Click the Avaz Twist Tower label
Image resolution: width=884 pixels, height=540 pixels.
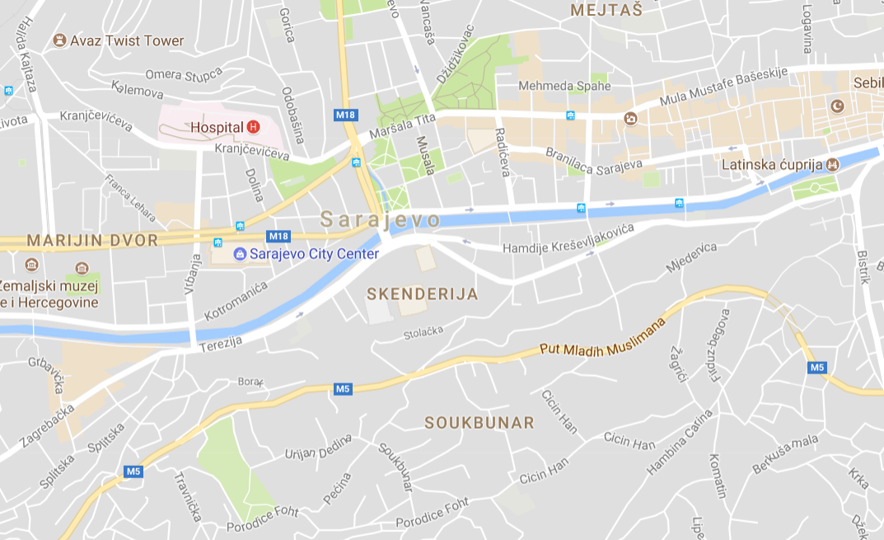click(127, 40)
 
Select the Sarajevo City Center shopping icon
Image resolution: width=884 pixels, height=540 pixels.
click(240, 254)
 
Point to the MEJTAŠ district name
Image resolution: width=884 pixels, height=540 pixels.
click(606, 10)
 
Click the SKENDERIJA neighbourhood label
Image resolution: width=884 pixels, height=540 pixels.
click(422, 293)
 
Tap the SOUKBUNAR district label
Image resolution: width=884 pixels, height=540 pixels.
click(479, 422)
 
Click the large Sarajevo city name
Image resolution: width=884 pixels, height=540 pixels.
click(380, 220)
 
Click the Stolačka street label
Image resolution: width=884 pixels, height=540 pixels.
click(423, 334)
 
